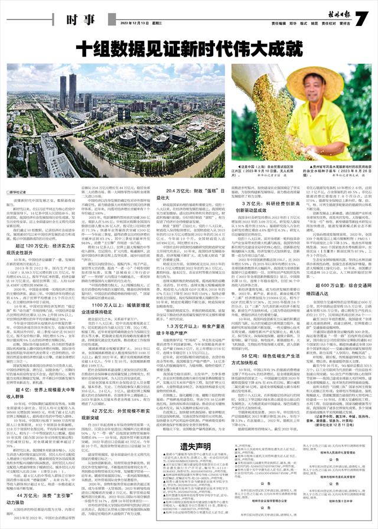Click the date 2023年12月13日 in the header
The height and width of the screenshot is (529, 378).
[132, 24]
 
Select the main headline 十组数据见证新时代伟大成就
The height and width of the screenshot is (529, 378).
[189, 47]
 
